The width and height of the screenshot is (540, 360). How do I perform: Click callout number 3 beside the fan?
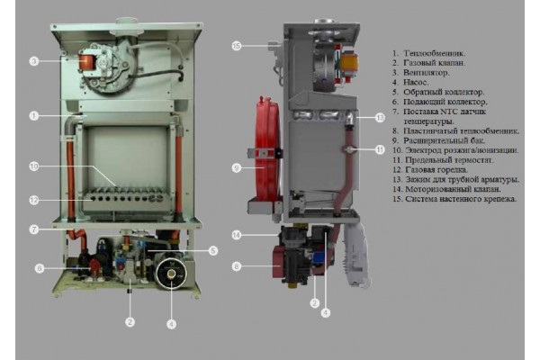(x=33, y=62)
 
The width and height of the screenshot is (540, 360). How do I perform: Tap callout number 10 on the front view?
(x=33, y=166)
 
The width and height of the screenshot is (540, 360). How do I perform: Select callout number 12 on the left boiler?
(x=33, y=200)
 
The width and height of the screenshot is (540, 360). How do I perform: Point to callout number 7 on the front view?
(x=33, y=229)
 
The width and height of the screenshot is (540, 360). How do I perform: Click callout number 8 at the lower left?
(x=39, y=268)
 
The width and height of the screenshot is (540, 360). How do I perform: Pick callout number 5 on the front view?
(x=213, y=251)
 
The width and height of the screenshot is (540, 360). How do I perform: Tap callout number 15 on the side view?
(x=237, y=45)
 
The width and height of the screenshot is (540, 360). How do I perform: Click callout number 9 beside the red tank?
(x=237, y=167)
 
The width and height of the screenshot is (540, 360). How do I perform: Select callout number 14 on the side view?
(x=237, y=236)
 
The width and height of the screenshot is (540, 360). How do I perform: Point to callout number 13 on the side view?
(x=380, y=118)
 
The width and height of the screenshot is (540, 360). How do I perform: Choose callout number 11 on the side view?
(x=380, y=149)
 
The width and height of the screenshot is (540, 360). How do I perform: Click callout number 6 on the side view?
(x=237, y=266)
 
